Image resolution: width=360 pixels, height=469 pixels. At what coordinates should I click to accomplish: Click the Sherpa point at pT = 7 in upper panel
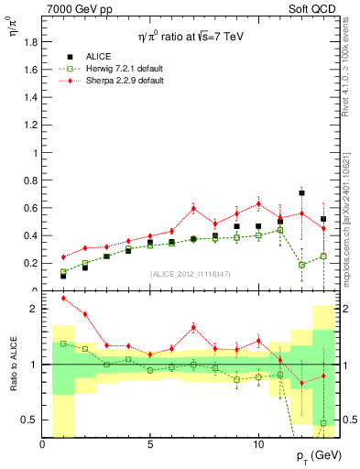coord(193,208)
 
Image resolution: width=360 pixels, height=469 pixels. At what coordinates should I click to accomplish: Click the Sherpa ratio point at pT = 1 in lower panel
coord(63,298)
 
